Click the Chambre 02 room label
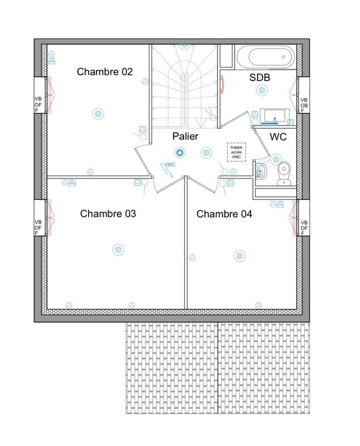[105, 71]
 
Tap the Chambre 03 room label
[108, 214]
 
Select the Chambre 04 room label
[225, 214]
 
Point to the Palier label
[185, 136]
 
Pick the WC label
[278, 137]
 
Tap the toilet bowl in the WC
[285, 171]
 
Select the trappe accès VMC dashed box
[237, 152]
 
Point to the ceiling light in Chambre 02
[98, 114]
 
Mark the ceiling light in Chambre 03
[118, 249]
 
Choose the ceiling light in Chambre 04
[238, 255]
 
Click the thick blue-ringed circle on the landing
[179, 151]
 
